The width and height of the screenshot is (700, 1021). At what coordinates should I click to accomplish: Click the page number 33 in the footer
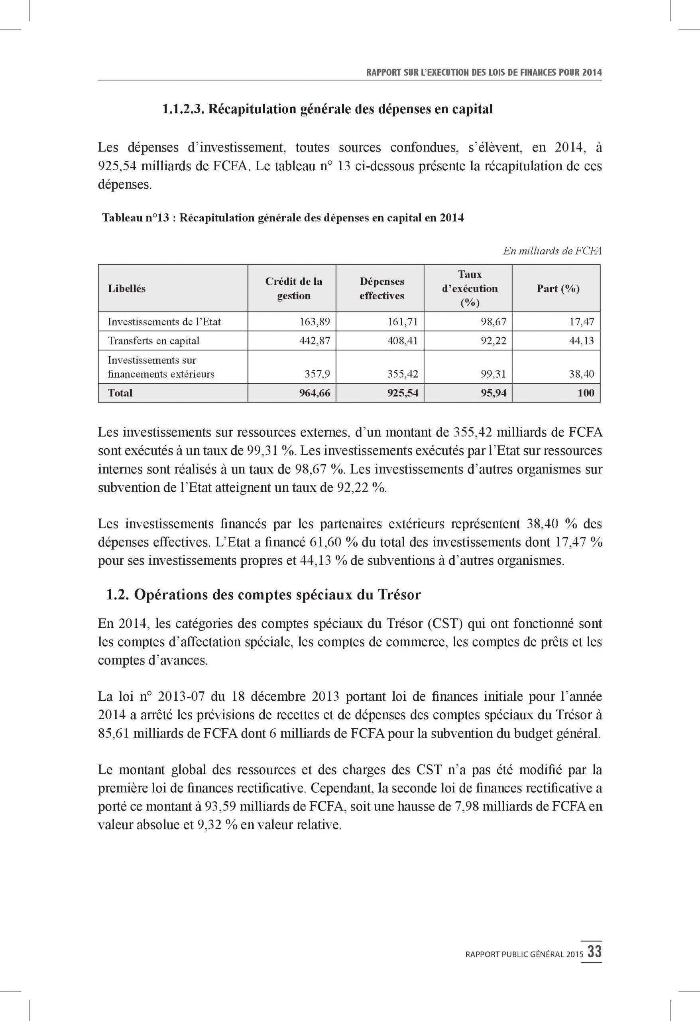tap(595, 952)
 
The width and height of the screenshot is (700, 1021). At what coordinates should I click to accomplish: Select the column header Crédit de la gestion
tap(293, 288)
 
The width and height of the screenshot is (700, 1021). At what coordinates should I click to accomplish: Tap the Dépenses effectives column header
tap(381, 288)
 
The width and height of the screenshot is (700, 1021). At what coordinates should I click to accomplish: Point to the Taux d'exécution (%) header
tap(470, 288)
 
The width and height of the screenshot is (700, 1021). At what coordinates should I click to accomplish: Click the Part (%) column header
tap(558, 289)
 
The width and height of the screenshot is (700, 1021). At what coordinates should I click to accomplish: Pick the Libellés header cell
tap(126, 289)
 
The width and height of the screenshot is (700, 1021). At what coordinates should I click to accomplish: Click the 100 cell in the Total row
tap(586, 393)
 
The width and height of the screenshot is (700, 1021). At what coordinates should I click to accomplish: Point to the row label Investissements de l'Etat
tap(164, 321)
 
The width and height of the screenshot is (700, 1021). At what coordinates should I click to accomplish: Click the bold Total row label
tap(120, 393)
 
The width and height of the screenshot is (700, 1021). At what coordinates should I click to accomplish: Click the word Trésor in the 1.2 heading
tap(399, 594)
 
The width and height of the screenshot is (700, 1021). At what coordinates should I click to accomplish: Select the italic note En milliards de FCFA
tap(552, 251)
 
